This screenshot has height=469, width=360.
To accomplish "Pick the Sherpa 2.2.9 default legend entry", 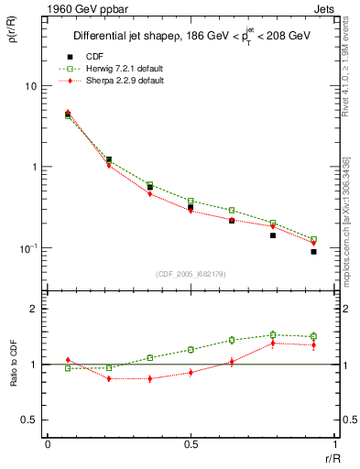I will coord(124,81).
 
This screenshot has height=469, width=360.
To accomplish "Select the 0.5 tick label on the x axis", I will coord(191,443).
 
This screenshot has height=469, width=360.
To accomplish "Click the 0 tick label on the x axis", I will coord(48,443).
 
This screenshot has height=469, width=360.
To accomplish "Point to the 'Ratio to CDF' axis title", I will coord(13,364).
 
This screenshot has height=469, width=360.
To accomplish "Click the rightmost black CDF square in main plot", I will coord(313,252).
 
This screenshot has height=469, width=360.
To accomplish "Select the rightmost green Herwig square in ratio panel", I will coord(313,336).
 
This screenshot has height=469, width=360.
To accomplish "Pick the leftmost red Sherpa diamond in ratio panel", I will coord(68,360).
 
